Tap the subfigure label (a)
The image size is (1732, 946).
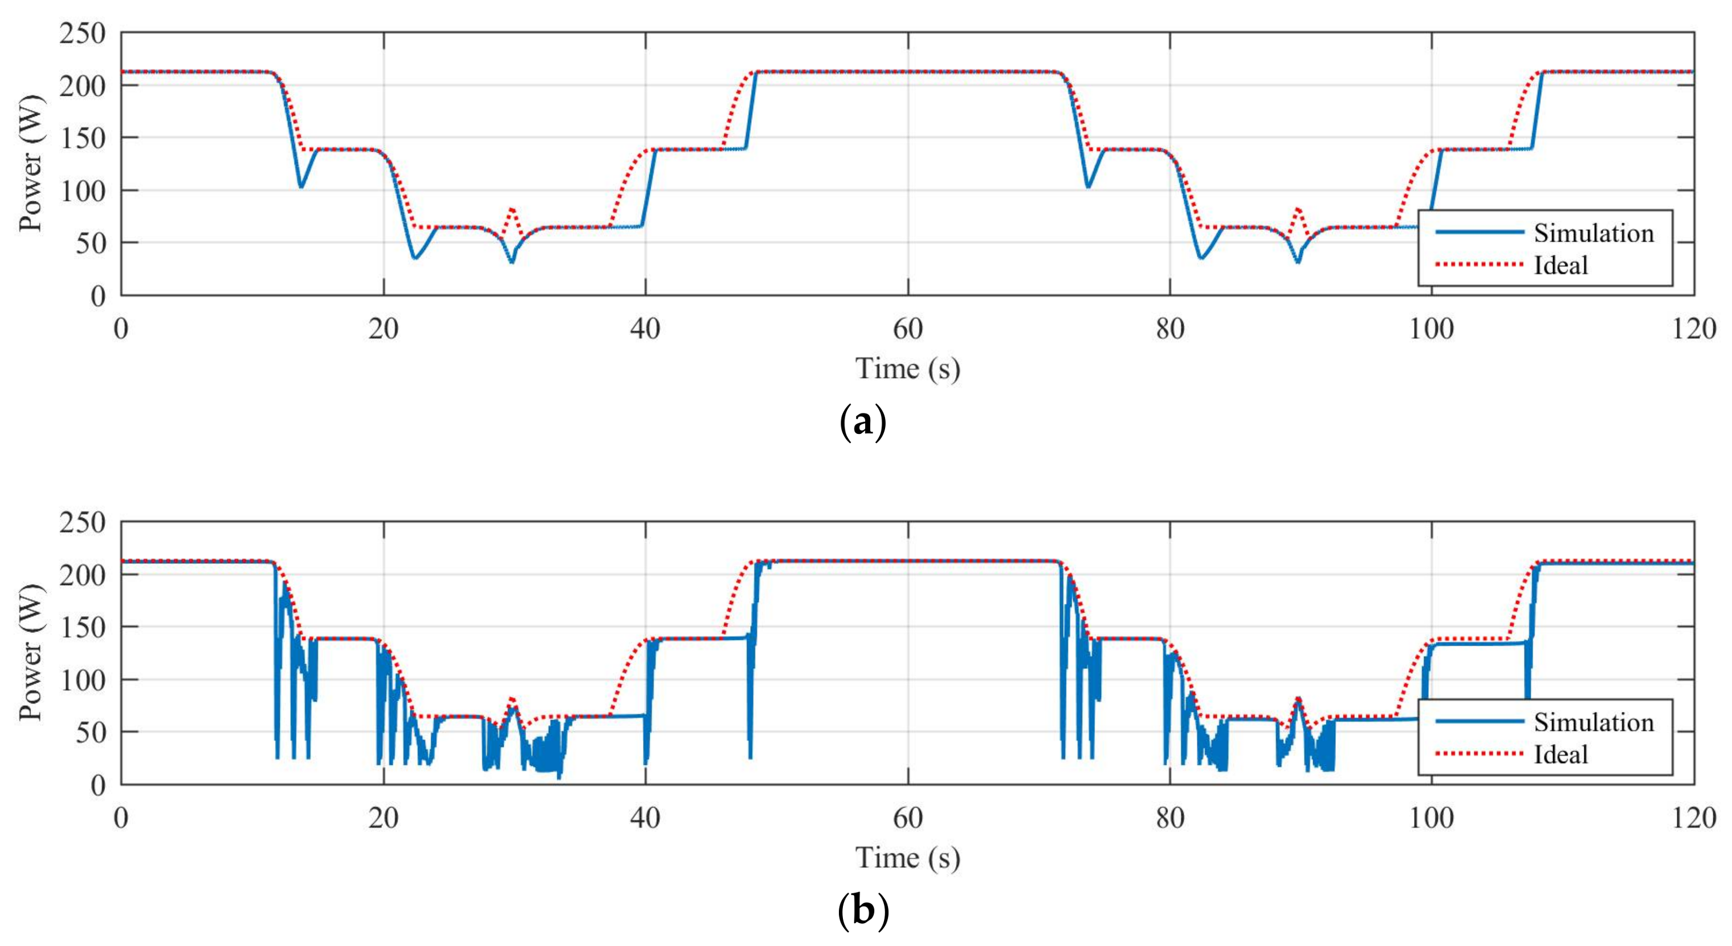tap(863, 423)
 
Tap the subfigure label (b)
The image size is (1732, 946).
tap(863, 912)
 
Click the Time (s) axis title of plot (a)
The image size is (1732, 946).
tap(908, 369)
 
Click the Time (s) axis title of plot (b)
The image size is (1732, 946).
tap(908, 858)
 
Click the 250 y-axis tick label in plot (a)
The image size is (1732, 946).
tap(82, 33)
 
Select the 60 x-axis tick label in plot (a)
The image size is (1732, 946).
tap(908, 329)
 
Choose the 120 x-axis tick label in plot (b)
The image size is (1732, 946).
tap(1694, 818)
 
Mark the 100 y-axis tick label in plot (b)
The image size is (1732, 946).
tap(82, 680)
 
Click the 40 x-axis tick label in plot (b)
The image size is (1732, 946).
tap(646, 818)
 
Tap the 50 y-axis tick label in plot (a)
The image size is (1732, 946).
tap(90, 243)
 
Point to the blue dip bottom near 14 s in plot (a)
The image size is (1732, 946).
tap(301, 186)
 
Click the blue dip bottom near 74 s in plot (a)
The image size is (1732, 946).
tap(1088, 186)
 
